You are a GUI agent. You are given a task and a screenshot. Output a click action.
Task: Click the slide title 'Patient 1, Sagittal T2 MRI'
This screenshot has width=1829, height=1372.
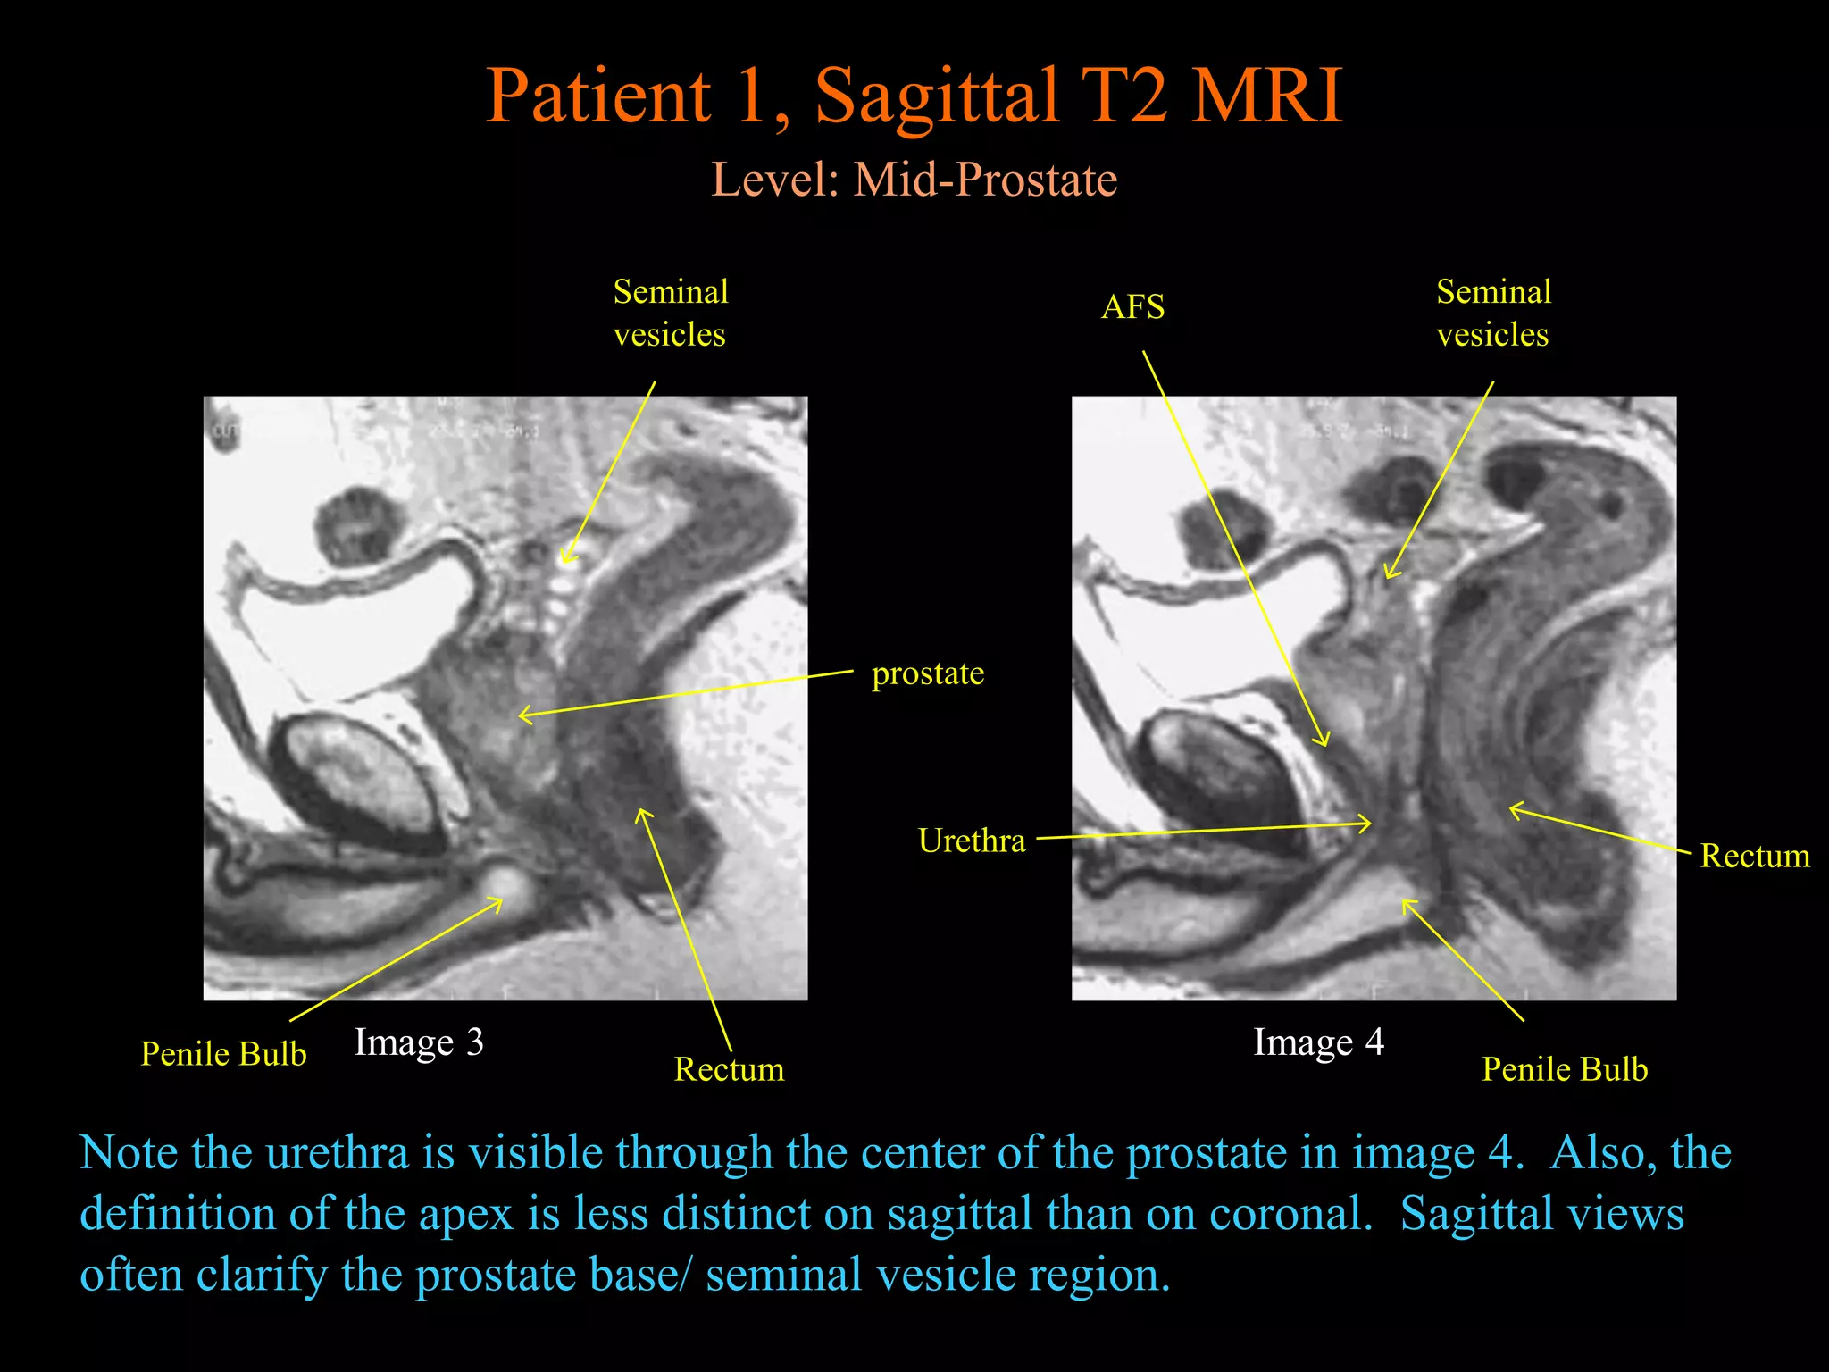pyautogui.click(x=914, y=96)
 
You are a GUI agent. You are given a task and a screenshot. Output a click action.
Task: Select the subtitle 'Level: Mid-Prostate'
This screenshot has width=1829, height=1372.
pyautogui.click(x=914, y=180)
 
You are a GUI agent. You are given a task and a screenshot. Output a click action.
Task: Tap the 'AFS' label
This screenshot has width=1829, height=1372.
pyautogui.click(x=1132, y=308)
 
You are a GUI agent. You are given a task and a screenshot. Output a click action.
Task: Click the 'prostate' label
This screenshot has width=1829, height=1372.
pyautogui.click(x=927, y=673)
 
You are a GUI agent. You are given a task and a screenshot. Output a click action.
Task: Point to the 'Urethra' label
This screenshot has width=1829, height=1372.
pyautogui.click(x=971, y=841)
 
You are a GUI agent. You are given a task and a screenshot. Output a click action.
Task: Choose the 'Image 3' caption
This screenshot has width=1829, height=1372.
pyautogui.click(x=418, y=1042)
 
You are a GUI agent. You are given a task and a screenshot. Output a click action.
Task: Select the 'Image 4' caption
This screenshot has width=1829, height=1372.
pyautogui.click(x=1318, y=1042)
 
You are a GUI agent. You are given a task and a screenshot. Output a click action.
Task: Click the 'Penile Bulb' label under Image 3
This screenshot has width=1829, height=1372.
pyautogui.click(x=223, y=1054)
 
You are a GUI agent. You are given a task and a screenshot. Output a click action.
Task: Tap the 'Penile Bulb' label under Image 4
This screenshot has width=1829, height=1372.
pyautogui.click(x=1565, y=1069)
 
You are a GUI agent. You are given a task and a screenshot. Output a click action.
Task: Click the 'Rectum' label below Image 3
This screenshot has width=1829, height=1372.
pyautogui.click(x=729, y=1069)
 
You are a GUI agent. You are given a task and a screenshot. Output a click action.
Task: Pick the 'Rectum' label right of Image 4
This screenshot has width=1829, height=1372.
pyautogui.click(x=1754, y=856)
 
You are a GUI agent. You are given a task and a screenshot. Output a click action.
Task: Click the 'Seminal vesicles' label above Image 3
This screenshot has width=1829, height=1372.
pyautogui.click(x=670, y=313)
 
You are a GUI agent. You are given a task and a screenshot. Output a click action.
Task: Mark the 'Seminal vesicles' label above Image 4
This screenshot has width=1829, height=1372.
pyautogui.click(x=1493, y=313)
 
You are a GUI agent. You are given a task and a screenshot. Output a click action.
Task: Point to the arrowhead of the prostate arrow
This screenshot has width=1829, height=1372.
pyautogui.click(x=522, y=715)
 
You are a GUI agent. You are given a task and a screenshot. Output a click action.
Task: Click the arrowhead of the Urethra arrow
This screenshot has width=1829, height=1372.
pyautogui.click(x=1367, y=824)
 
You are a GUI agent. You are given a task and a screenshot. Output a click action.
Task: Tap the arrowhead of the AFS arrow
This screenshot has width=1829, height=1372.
pyautogui.click(x=1324, y=742)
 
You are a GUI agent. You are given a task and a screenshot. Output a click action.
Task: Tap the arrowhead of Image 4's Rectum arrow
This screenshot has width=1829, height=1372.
pyautogui.click(x=1513, y=809)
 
